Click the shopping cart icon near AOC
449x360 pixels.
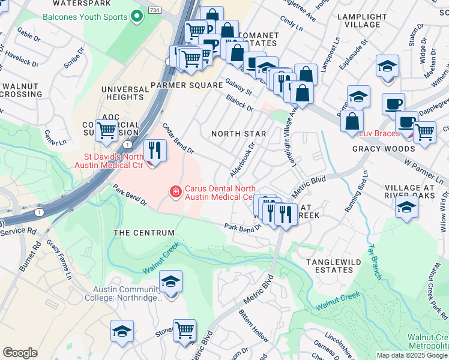coord(106,130)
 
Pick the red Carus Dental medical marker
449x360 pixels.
coord(176,192)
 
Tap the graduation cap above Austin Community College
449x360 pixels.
coord(170,282)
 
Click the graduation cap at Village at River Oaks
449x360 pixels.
coord(406,208)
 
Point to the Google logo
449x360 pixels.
coord(20,353)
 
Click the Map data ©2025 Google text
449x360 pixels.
coord(412,355)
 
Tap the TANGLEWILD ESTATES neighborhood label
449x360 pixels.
coord(330,266)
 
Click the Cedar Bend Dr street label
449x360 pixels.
coord(178,138)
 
